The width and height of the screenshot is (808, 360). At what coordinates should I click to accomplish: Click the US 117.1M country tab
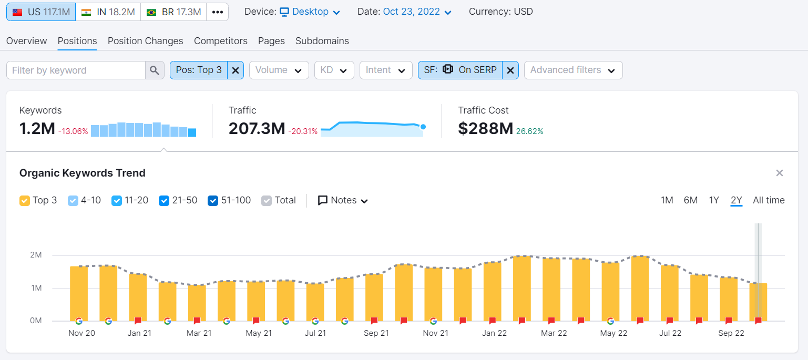(x=41, y=12)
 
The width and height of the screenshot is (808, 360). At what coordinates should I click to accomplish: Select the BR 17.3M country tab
(x=173, y=12)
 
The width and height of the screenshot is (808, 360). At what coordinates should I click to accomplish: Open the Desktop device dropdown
(x=310, y=12)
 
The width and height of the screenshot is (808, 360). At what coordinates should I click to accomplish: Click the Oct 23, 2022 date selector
(x=417, y=12)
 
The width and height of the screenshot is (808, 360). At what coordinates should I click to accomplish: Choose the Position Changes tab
(x=145, y=41)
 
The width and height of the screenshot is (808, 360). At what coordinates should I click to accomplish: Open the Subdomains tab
(x=322, y=41)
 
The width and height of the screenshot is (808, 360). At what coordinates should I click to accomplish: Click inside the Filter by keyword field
(x=76, y=70)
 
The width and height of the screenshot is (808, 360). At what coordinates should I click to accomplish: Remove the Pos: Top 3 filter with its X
(x=236, y=70)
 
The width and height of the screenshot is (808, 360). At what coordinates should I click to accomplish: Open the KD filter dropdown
(x=334, y=70)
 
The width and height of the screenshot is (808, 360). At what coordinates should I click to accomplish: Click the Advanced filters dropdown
(x=573, y=70)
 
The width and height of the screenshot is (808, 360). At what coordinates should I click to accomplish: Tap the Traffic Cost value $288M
(x=485, y=128)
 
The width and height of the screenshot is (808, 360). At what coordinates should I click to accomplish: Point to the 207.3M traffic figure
(x=257, y=128)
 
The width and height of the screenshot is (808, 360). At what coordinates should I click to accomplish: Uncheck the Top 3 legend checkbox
(x=25, y=201)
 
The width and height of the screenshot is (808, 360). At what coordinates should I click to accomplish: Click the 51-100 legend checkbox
(x=213, y=201)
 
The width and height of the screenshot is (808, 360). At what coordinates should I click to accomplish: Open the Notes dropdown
(x=343, y=201)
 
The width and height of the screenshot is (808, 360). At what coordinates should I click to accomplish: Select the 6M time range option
(x=690, y=200)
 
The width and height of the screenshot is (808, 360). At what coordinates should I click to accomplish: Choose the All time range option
(x=768, y=200)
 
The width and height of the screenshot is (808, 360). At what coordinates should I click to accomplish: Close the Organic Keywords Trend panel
(x=779, y=173)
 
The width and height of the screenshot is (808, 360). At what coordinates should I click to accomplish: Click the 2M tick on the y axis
(x=36, y=255)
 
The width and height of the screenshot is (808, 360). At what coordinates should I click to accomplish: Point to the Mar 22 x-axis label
(x=554, y=333)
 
